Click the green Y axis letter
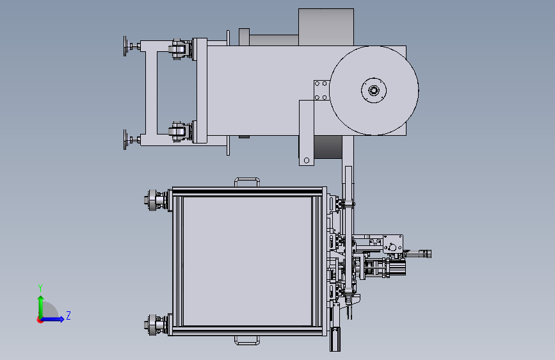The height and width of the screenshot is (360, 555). (40, 288)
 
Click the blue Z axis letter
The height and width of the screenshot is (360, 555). (68, 315)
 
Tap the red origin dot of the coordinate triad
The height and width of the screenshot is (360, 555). (40, 320)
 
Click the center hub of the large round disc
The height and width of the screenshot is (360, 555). (374, 90)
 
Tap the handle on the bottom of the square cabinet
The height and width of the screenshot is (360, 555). (246, 341)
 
